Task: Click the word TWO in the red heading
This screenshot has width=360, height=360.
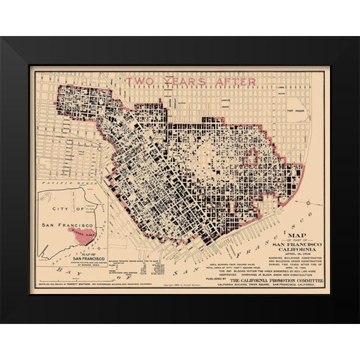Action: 142,81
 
